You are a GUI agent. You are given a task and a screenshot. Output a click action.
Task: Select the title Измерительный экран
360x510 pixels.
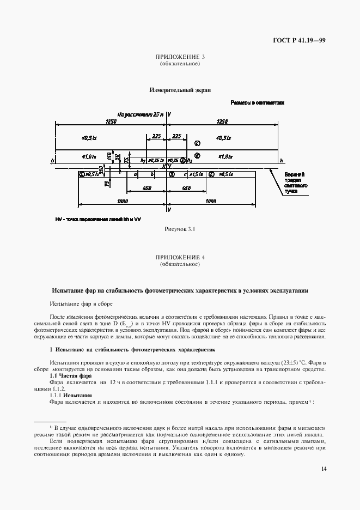(180, 90)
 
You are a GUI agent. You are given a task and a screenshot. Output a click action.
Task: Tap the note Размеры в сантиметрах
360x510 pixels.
(257, 102)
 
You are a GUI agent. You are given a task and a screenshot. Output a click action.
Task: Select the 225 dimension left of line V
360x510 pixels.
(157, 136)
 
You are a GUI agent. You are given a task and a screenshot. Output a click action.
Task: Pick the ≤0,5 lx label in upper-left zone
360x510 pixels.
(89, 137)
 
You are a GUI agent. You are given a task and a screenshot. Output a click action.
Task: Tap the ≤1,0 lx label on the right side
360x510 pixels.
(225, 156)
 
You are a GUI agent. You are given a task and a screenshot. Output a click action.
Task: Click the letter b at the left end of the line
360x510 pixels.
(52, 161)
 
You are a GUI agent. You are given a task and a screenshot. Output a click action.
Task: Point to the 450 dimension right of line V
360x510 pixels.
(186, 188)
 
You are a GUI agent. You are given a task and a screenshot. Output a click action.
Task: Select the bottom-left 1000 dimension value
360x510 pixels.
(123, 201)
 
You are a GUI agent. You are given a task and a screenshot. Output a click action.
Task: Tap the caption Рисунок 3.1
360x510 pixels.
(180, 229)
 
